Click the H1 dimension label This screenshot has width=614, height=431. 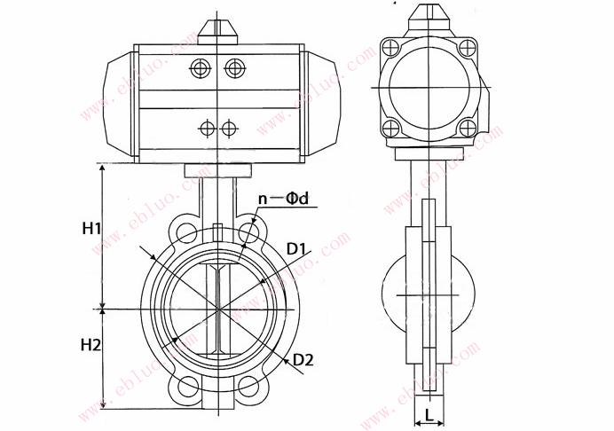[x=91, y=228]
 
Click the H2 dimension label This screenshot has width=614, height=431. [x=91, y=345]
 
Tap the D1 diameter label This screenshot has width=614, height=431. [x=295, y=249]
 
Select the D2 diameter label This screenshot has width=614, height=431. [x=303, y=360]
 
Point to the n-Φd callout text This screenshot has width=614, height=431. [x=284, y=199]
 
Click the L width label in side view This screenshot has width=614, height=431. [x=429, y=414]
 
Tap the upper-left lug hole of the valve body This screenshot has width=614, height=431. [x=186, y=231]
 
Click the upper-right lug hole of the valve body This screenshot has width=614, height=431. [x=248, y=231]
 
